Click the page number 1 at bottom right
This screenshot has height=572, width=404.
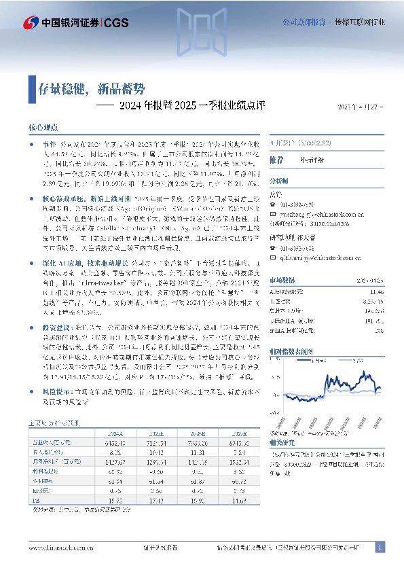380,548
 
